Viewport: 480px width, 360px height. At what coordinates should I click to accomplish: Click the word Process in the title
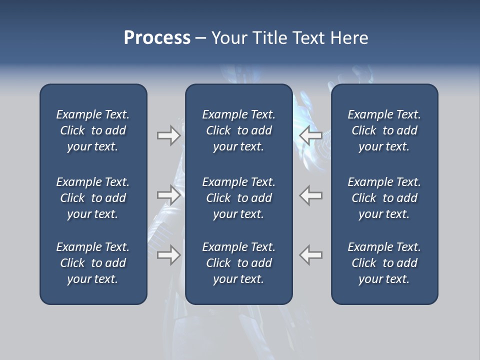157,38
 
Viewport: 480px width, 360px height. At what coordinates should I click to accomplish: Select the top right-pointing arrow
168,135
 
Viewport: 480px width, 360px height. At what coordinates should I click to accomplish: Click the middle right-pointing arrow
168,195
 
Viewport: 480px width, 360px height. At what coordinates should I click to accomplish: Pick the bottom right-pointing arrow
168,255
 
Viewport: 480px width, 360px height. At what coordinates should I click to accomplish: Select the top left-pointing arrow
311,135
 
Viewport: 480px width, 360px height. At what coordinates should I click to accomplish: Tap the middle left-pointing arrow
311,195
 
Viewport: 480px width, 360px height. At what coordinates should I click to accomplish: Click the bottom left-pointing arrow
311,255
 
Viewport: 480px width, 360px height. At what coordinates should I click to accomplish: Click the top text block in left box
93,130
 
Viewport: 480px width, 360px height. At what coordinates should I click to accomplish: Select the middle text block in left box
93,198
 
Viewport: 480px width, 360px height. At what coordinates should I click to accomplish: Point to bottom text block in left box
93,263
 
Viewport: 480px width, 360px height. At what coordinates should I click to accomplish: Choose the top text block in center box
238,130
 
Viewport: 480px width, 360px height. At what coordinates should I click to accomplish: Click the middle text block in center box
238,198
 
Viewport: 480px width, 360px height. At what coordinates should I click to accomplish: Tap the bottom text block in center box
238,263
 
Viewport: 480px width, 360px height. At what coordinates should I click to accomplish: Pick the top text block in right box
384,130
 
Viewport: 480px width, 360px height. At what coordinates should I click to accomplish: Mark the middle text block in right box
384,198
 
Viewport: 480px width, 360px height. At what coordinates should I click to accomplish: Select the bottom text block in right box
384,263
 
